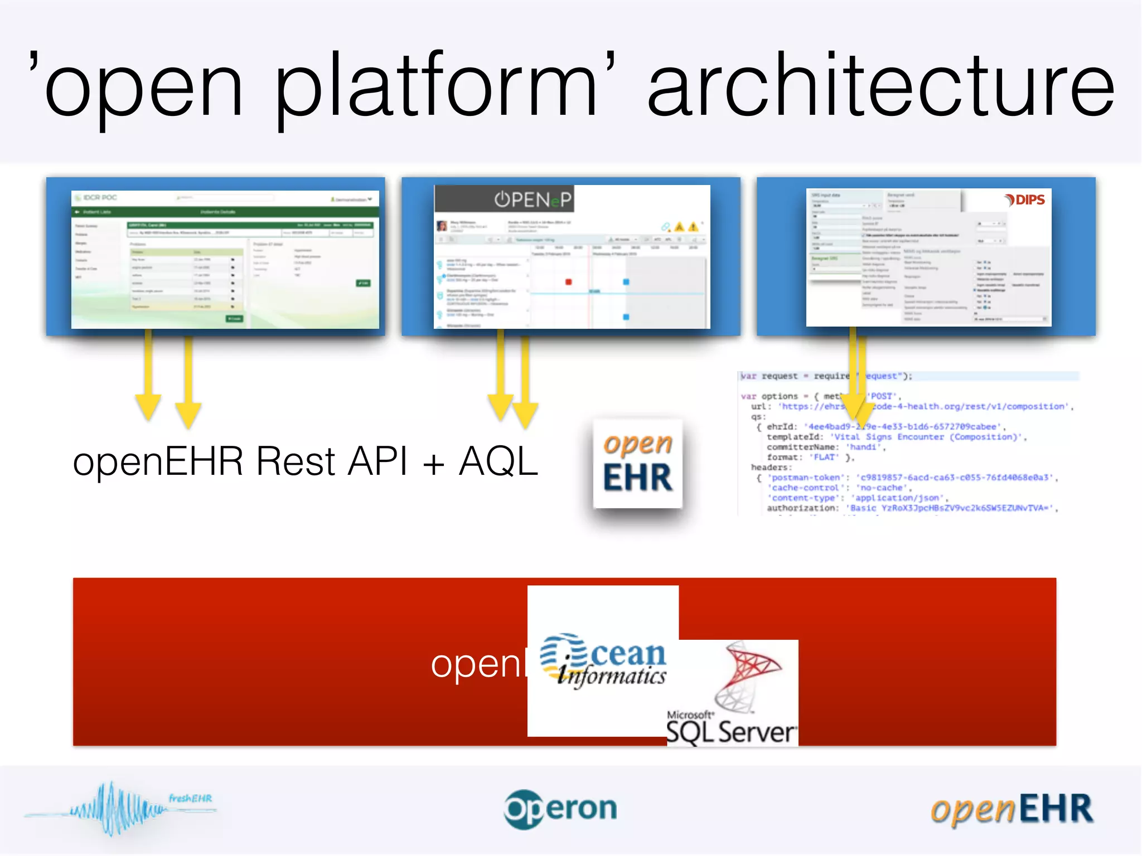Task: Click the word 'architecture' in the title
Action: click(881, 86)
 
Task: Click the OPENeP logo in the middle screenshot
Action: click(533, 200)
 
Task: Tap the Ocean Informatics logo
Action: click(603, 660)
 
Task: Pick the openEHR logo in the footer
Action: click(1012, 809)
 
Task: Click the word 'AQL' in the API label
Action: click(498, 461)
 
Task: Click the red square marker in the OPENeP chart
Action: click(568, 282)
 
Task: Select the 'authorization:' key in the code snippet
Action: click(802, 508)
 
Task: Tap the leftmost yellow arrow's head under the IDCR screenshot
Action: click(148, 410)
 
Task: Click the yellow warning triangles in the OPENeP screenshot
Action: click(686, 227)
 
